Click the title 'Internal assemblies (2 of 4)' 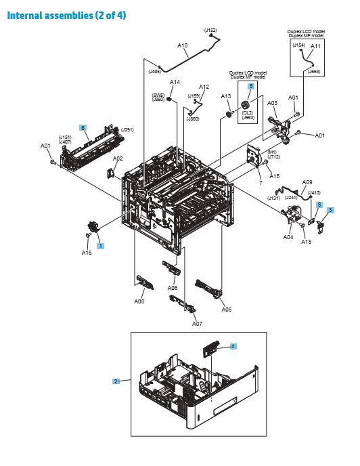pyautogui.click(x=66, y=15)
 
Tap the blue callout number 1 pyautogui.click(x=101, y=246)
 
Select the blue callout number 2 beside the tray pyautogui.click(x=116, y=381)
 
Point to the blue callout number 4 pyautogui.click(x=233, y=346)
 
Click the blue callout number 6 pyautogui.click(x=83, y=127)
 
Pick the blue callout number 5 pyautogui.click(x=250, y=87)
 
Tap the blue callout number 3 pyautogui.click(x=330, y=211)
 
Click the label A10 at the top pyautogui.click(x=183, y=45)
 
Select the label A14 pyautogui.click(x=174, y=83)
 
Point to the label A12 pyautogui.click(x=204, y=87)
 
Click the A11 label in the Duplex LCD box pyautogui.click(x=315, y=46)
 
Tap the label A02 pyautogui.click(x=117, y=159)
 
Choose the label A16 pyautogui.click(x=87, y=253)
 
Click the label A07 pyautogui.click(x=197, y=324)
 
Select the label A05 pyautogui.click(x=227, y=310)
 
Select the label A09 pyautogui.click(x=307, y=182)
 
